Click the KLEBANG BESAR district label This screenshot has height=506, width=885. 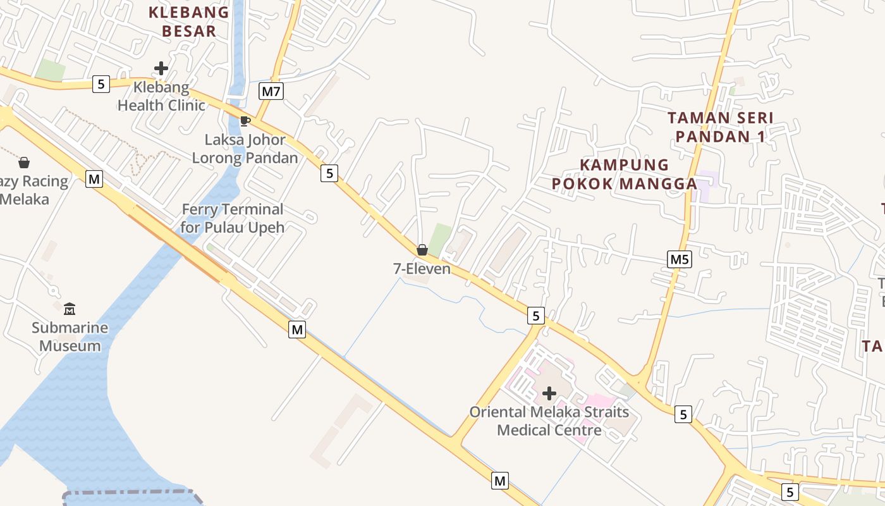[x=189, y=22]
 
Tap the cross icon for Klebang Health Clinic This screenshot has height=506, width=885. [x=161, y=68]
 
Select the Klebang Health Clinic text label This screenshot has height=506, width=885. [x=161, y=96]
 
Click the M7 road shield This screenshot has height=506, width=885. [x=271, y=92]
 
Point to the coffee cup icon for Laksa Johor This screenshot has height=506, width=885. [x=245, y=121]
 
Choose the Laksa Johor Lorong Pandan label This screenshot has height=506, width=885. [x=245, y=149]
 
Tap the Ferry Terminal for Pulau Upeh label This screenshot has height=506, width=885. [x=232, y=218]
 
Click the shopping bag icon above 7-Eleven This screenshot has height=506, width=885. [x=422, y=250]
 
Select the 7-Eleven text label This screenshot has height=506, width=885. [x=422, y=269]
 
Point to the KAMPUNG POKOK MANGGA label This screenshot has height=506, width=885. [x=624, y=174]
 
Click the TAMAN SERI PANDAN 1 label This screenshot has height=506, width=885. [x=721, y=127]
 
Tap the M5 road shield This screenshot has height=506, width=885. [x=680, y=259]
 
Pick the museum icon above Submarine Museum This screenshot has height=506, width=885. [x=70, y=309]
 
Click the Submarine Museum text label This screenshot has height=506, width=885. [x=70, y=337]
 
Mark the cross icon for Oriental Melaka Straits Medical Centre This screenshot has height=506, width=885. [x=549, y=393]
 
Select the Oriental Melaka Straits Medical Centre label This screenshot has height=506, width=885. [x=549, y=421]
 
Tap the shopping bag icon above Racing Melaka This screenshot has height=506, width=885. [x=24, y=163]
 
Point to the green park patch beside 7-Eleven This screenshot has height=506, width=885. [x=441, y=239]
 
